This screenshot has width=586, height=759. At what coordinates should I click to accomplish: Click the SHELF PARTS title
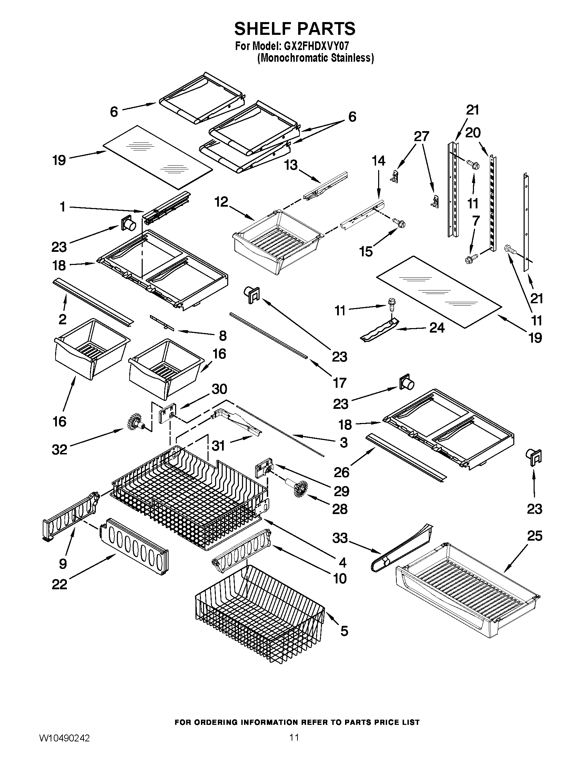pyautogui.click(x=295, y=29)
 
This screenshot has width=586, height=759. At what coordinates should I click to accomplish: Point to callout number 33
pyautogui.click(x=340, y=538)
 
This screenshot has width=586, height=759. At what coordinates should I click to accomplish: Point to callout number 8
pyautogui.click(x=223, y=335)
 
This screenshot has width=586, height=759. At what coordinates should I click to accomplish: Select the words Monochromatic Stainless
pyautogui.click(x=315, y=58)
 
